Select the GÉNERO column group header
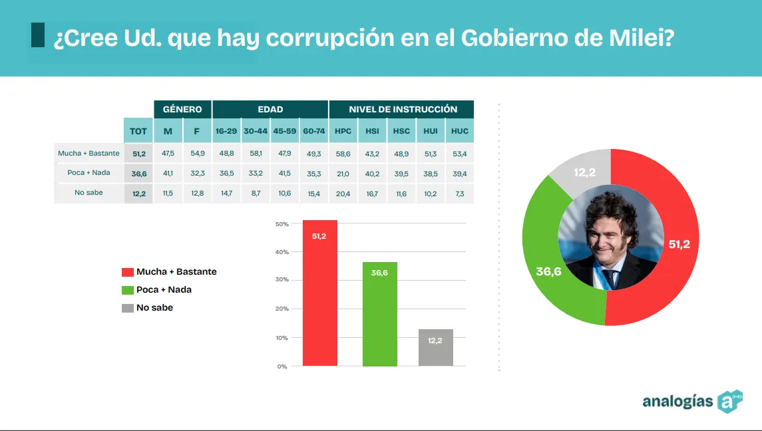point(182,109)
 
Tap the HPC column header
point(343,131)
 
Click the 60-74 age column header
point(313,131)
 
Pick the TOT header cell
point(138,131)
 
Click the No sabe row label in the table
point(89,193)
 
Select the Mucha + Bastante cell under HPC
point(343,153)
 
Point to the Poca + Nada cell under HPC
point(343,173)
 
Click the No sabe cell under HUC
point(460,193)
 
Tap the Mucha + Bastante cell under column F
point(197,153)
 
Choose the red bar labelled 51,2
point(320,293)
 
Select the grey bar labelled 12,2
point(436,347)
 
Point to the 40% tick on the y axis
point(282,252)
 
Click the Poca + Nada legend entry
point(164,290)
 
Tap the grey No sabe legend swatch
point(128,308)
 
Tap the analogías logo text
point(677,401)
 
